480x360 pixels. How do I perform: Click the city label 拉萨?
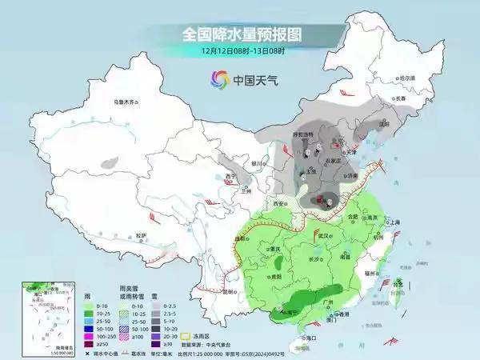click(141, 236)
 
